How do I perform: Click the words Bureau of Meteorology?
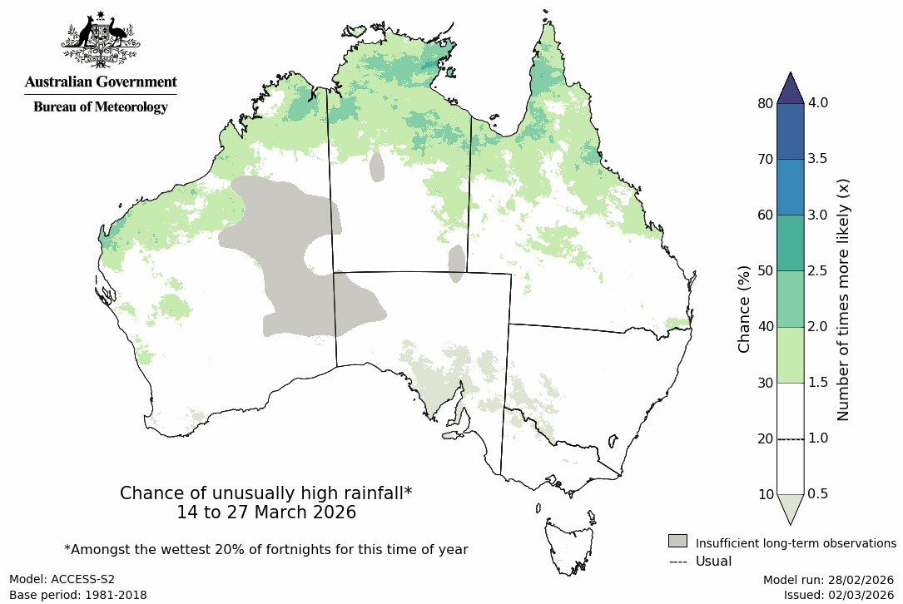click(x=100, y=107)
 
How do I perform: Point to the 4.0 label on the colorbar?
click(x=818, y=103)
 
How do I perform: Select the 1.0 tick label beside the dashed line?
click(x=818, y=438)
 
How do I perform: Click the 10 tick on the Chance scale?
click(x=767, y=494)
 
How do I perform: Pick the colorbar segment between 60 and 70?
click(x=790, y=187)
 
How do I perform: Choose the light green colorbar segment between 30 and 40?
click(x=790, y=354)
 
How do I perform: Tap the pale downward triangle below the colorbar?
click(x=790, y=507)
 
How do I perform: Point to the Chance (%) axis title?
click(x=745, y=309)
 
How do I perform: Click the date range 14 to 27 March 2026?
click(x=266, y=512)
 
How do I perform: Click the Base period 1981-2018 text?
click(x=78, y=595)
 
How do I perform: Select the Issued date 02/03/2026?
click(x=839, y=595)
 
